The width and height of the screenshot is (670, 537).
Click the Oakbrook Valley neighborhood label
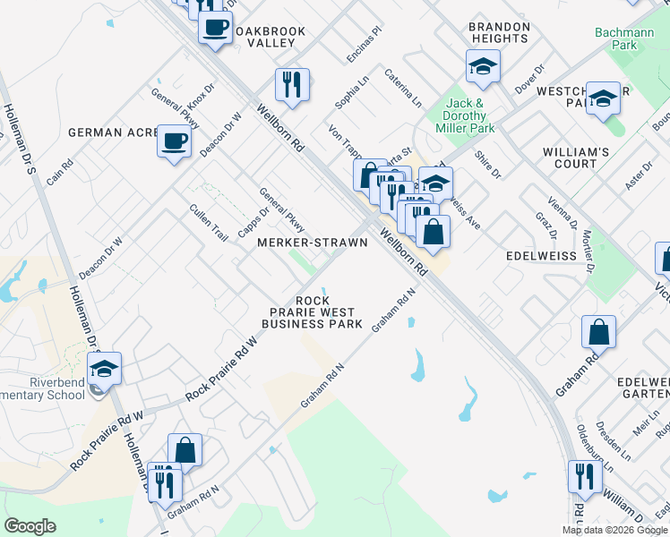(270, 37)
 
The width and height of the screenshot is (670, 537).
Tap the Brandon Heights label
(499, 33)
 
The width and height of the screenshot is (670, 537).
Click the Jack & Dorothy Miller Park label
(470, 116)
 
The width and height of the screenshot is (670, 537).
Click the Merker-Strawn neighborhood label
(301, 243)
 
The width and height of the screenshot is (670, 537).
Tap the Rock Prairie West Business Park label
(312, 312)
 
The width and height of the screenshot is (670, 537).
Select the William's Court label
(576, 158)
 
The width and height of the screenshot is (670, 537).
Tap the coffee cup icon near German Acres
(173, 141)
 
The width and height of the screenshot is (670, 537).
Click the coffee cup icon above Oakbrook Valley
(215, 27)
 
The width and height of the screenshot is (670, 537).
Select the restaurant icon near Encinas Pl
(292, 84)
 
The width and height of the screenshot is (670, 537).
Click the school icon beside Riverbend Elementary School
(105, 369)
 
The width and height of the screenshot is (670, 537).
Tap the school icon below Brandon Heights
(483, 66)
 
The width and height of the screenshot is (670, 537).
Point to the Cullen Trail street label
(209, 222)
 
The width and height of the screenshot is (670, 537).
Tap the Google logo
(30, 526)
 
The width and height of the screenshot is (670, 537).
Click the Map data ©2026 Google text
(615, 530)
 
